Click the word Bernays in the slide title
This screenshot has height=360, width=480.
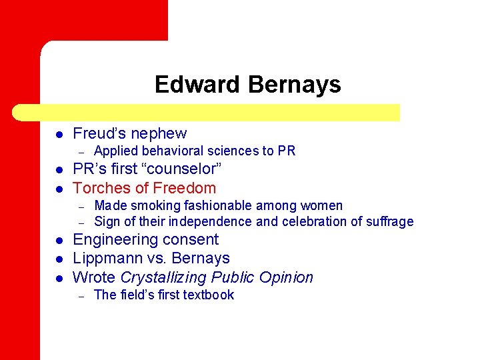(294, 85)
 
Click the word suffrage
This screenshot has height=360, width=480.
(389, 221)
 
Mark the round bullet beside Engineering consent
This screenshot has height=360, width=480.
(59, 240)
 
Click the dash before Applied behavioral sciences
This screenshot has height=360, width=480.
(81, 151)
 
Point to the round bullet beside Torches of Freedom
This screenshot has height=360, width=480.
(59, 189)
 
